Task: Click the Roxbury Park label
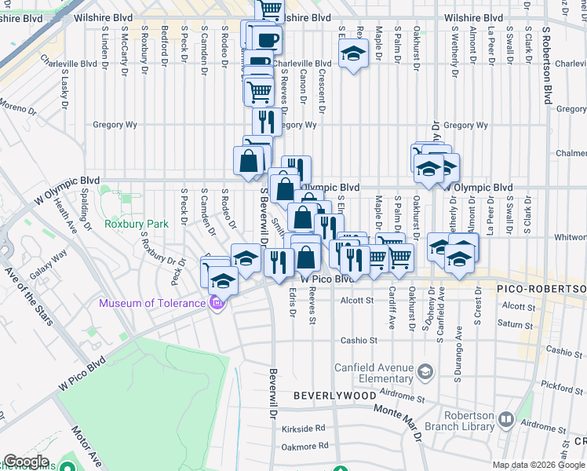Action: point(137,224)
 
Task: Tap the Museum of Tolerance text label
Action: point(154,304)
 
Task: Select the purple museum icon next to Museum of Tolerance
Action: point(217,302)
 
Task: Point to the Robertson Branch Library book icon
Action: point(506,421)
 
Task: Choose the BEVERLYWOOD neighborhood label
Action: point(335,396)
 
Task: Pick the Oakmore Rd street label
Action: point(304,446)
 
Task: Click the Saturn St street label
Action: point(518,323)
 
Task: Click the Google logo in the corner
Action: point(25,462)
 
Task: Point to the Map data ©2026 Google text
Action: point(538,465)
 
